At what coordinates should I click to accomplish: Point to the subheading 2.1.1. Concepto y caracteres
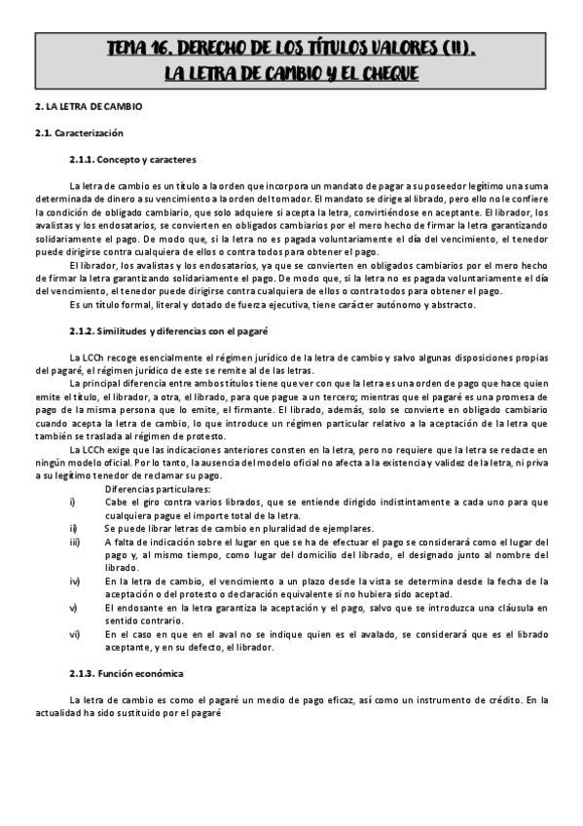pyautogui.click(x=132, y=159)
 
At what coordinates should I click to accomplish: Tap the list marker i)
pyautogui.click(x=72, y=501)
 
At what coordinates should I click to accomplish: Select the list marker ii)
pyautogui.click(x=73, y=527)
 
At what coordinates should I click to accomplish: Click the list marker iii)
pyautogui.click(x=74, y=540)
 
